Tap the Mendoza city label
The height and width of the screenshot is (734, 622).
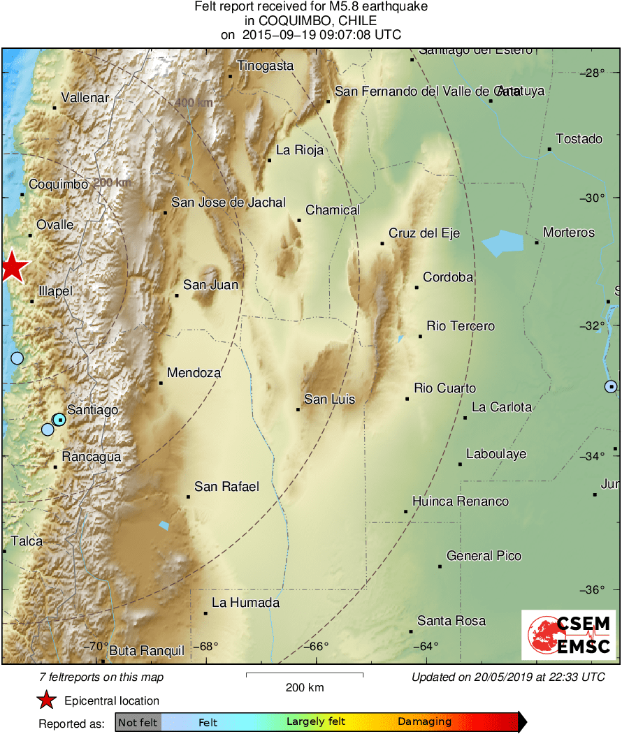tap(194, 373)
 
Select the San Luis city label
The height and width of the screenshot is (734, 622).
tap(329, 399)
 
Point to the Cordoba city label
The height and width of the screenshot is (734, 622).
tap(448, 277)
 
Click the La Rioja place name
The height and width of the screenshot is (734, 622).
tap(300, 149)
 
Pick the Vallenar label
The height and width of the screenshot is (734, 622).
tap(85, 98)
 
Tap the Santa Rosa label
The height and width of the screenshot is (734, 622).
tap(451, 621)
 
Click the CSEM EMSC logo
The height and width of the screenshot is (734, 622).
tap(568, 635)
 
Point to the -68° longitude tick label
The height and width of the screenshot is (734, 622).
tap(204, 646)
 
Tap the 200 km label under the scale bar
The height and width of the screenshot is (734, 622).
tap(305, 688)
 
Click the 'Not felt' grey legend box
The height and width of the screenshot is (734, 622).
tap(138, 722)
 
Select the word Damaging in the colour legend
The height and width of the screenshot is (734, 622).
tap(424, 722)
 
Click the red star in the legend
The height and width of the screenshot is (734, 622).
tap(46, 700)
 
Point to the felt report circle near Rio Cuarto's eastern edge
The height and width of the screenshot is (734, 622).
tap(612, 386)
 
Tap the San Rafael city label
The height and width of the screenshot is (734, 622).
tap(226, 487)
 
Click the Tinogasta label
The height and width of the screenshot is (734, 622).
tap(266, 66)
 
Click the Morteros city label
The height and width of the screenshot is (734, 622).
tap(569, 233)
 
